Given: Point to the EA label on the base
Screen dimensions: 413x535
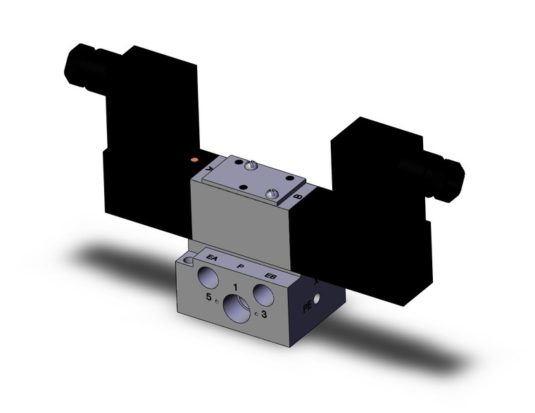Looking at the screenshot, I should (212, 260).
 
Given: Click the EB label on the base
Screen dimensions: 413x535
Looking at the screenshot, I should (270, 275).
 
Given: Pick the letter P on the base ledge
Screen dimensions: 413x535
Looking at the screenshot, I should (241, 267).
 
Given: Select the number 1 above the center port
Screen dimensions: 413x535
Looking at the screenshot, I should (234, 286).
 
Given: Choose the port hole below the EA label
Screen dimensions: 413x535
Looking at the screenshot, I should (208, 275).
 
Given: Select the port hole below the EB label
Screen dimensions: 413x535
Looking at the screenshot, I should (263, 292).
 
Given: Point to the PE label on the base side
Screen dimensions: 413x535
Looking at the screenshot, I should (307, 307).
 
